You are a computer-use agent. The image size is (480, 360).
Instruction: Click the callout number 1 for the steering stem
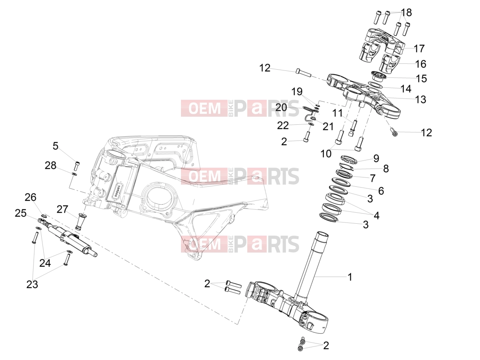coord(350,277)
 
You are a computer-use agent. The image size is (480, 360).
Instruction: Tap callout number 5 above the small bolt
coord(55,146)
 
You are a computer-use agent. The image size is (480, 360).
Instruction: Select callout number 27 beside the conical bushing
coord(62,210)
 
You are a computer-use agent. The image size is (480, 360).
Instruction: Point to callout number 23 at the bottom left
coord(32,284)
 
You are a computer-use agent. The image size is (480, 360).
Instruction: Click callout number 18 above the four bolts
coord(406,13)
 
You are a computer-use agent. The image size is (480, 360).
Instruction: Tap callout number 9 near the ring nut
coord(376,158)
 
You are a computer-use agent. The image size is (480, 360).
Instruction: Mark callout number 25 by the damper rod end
coord(21,213)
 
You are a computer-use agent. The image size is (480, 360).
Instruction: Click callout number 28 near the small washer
coord(51,166)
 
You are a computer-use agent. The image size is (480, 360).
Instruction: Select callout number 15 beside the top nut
coord(421,79)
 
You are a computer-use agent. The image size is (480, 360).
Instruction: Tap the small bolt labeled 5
coord(77,166)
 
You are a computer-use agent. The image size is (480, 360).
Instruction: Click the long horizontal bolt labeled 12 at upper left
coord(303,73)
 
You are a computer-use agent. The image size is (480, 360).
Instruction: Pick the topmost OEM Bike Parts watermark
coord(240,108)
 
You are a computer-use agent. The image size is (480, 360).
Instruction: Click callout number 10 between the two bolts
coord(326,154)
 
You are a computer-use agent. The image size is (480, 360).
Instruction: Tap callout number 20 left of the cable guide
coord(281,107)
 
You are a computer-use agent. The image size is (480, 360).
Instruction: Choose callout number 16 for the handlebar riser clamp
coord(421,64)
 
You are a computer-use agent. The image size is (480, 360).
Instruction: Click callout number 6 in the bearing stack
coord(381,191)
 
